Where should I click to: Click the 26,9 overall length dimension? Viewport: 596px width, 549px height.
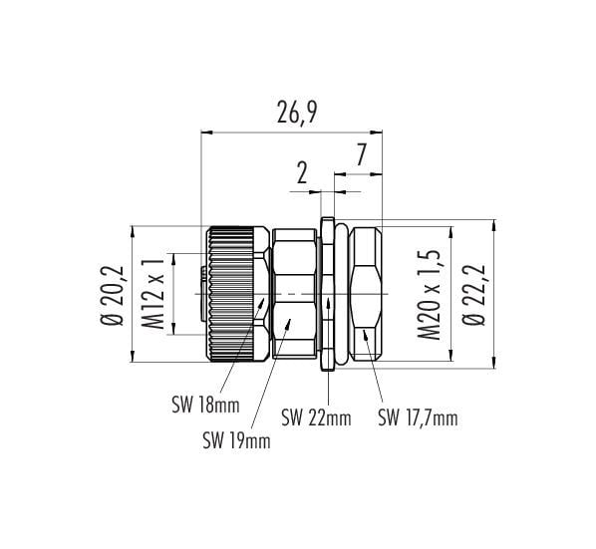pos(296,112)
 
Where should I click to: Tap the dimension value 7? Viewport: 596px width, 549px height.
pos(361,155)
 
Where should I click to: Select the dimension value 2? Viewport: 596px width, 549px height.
pos(302,173)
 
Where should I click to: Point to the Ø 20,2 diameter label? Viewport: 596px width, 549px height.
pos(113,295)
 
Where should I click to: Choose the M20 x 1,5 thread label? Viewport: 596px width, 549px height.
pos(430,295)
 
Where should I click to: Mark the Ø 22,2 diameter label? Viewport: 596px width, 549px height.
pos(474,295)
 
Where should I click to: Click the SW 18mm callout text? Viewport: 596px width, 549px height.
pos(205,405)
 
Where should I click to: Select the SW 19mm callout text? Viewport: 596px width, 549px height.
pos(236,440)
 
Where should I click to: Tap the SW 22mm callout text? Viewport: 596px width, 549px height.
pos(316,417)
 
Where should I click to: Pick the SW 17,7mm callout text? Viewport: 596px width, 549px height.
pos(418,417)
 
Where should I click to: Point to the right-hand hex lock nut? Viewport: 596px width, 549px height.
pos(366,294)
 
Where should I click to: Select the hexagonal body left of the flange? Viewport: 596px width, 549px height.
pos(294,294)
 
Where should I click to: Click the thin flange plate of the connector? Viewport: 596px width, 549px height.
pos(327,294)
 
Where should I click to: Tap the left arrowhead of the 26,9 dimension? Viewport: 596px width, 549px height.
pos(205,133)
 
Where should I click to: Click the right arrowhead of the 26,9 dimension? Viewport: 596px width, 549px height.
pos(377,133)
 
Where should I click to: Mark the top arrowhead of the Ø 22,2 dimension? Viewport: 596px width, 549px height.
pos(493,225)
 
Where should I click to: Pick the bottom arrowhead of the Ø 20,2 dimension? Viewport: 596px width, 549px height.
pos(133,357)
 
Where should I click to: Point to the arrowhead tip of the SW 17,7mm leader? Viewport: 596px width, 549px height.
pos(364,330)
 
